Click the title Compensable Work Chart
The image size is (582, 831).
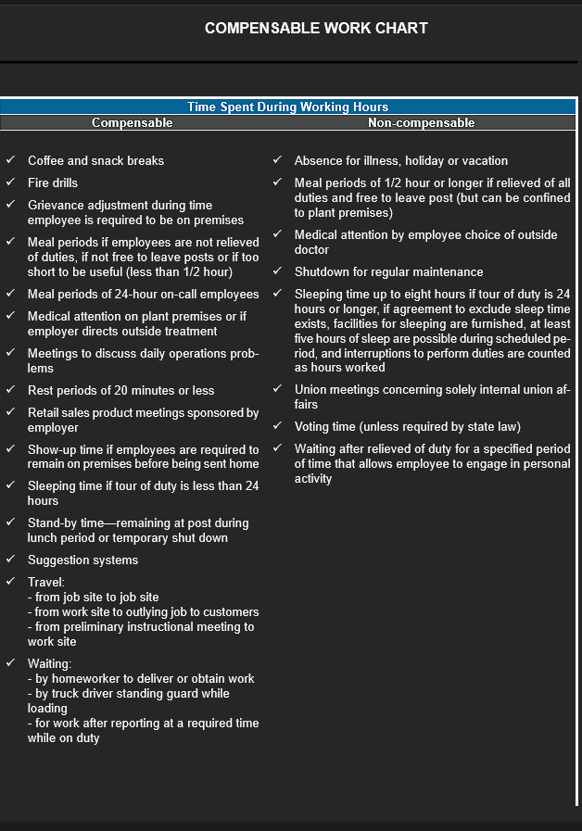pos(316,28)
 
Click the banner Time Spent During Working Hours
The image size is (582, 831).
pos(288,107)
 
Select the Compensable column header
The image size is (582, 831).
pos(132,122)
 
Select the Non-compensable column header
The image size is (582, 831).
pos(421,122)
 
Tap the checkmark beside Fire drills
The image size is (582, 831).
pos(10,183)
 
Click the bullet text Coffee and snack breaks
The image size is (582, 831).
pos(95,160)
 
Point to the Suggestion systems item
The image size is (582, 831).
pos(82,560)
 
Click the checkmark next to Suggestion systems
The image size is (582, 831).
pos(10,560)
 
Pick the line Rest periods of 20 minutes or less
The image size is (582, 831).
pos(120,390)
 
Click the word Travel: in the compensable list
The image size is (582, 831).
pos(46,582)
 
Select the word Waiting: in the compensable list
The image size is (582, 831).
pos(49,663)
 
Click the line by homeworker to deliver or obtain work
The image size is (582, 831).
pos(144,678)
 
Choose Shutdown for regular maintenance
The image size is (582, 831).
pos(388,271)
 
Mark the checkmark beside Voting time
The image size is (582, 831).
pos(277,426)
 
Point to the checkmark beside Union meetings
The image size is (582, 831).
pos(277,389)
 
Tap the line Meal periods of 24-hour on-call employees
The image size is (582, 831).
pos(143,294)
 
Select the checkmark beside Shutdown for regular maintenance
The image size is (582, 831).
pos(277,271)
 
